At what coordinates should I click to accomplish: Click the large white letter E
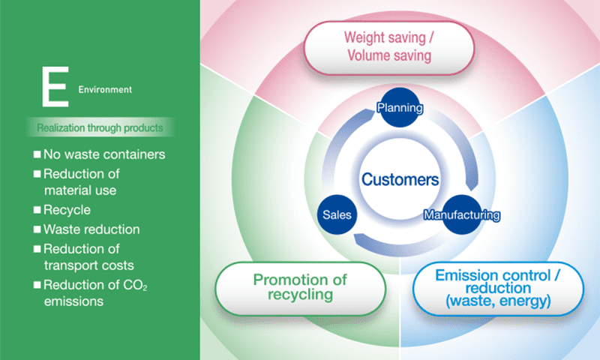pos(55,86)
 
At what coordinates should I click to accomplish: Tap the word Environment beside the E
pos(105,89)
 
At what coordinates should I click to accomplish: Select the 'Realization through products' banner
pos(100,127)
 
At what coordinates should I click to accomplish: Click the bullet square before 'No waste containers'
pos(37,154)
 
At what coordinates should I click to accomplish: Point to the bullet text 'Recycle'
pos(67,210)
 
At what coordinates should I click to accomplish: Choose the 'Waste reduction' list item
pos(86,229)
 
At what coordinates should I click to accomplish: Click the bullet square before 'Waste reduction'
pos(37,229)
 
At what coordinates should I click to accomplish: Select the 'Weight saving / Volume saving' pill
pos(388,47)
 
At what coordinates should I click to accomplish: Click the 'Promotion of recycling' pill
pos(301,289)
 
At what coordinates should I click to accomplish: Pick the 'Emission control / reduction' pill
pos(498,289)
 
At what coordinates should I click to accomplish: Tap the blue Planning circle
pos(400,107)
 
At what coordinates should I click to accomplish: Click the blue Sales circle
pos(337,214)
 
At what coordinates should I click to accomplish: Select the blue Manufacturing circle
pos(462,214)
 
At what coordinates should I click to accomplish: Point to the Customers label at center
pos(400,179)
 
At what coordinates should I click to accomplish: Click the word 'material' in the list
pos(65,190)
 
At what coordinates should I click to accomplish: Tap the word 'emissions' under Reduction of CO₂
pos(73,301)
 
